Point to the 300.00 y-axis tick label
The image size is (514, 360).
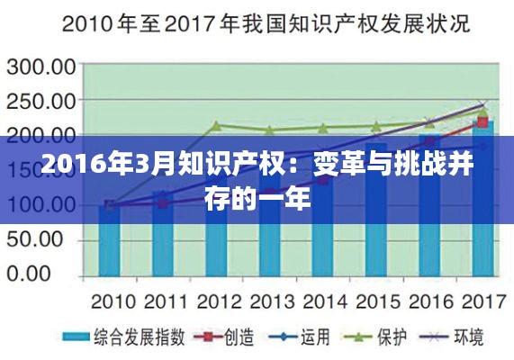[x=42, y=67]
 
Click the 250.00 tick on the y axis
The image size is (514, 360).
[x=42, y=102]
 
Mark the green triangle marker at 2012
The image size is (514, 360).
[x=216, y=126]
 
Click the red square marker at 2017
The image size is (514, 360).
[x=482, y=121]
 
